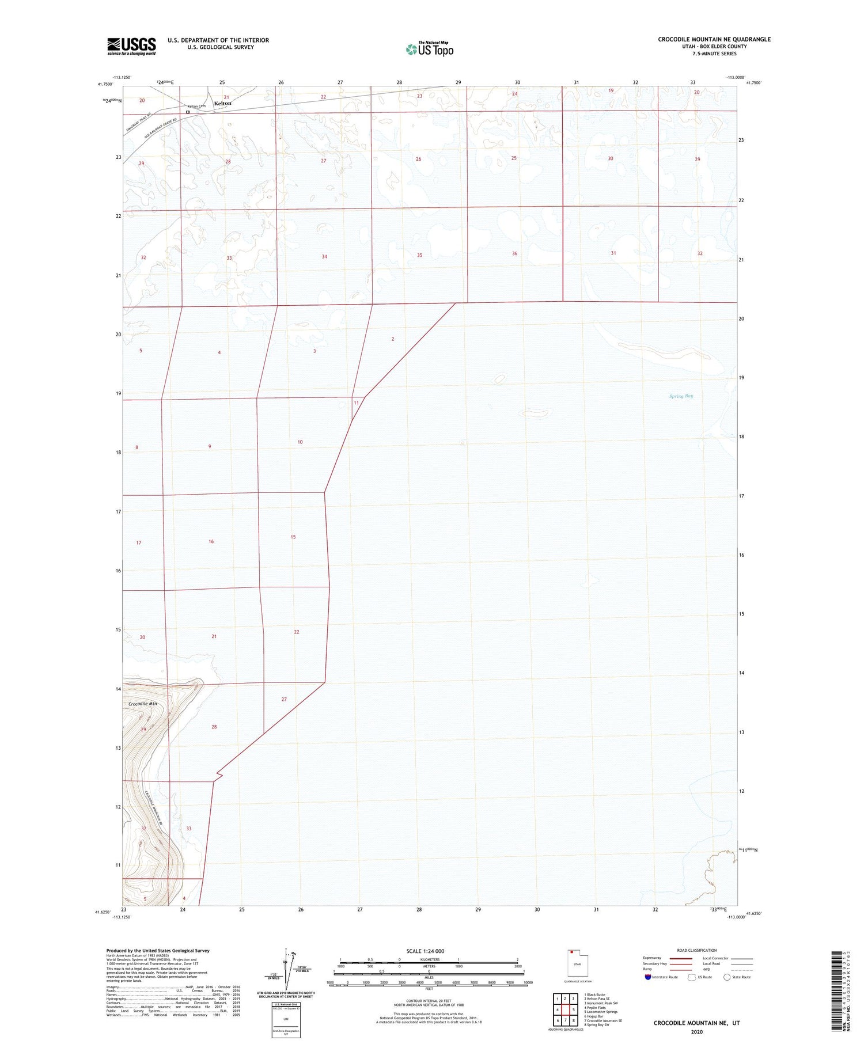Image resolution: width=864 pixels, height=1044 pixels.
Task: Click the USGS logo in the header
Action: coord(131,46)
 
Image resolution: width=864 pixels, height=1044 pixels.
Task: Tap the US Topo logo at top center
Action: coord(430,49)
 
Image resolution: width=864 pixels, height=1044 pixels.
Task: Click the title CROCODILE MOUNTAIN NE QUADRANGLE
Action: coord(714,39)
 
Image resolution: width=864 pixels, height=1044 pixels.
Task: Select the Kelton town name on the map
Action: coord(222,104)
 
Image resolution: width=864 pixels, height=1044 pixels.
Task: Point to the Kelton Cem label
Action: coord(196,107)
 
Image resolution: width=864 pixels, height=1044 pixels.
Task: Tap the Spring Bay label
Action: coord(681,396)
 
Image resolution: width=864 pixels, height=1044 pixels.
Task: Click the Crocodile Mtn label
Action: coord(142,704)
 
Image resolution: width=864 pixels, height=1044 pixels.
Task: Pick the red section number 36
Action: coord(514,253)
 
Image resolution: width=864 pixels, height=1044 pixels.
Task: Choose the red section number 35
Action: coord(419,255)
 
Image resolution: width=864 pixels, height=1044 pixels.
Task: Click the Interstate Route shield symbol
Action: coord(648,977)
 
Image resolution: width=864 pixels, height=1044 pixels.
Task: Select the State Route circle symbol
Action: coord(727,977)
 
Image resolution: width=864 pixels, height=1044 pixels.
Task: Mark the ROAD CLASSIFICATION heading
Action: coord(697,950)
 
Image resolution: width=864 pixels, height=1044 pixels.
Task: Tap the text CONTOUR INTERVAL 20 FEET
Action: coord(429,1001)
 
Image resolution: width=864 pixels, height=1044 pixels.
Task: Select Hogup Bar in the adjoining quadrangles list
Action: coord(594,1016)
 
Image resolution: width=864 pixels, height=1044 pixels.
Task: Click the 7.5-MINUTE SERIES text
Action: coord(714,54)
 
